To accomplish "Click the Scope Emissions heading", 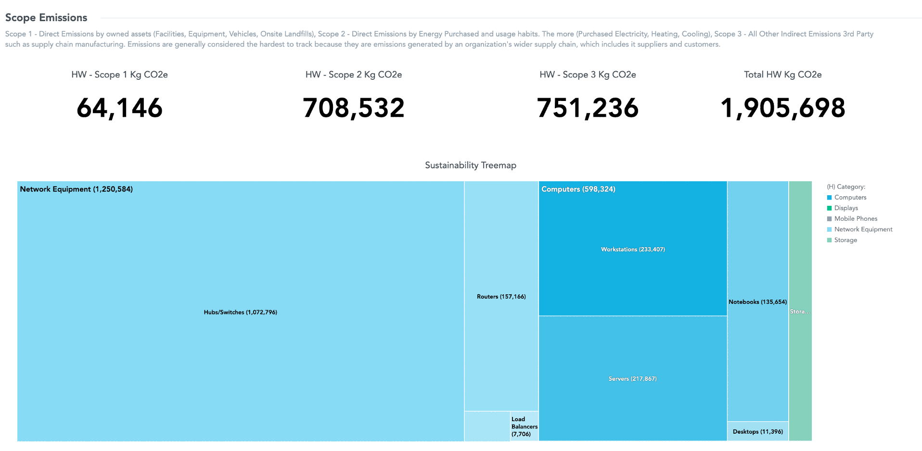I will click(x=46, y=18).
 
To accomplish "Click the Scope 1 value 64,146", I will click(x=119, y=108).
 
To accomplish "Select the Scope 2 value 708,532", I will click(x=354, y=108).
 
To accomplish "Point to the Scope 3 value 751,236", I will click(x=588, y=108).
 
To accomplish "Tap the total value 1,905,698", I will click(x=782, y=108).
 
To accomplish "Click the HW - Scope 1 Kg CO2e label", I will click(x=119, y=75).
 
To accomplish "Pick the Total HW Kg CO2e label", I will click(x=782, y=75).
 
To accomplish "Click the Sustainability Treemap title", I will click(x=470, y=165).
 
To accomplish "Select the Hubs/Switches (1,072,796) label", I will click(x=240, y=312).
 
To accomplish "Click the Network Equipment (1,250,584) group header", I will click(x=76, y=189).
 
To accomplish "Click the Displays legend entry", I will click(x=845, y=208).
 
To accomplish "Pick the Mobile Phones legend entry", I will click(x=855, y=219).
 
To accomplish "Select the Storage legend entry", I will click(x=845, y=240).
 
